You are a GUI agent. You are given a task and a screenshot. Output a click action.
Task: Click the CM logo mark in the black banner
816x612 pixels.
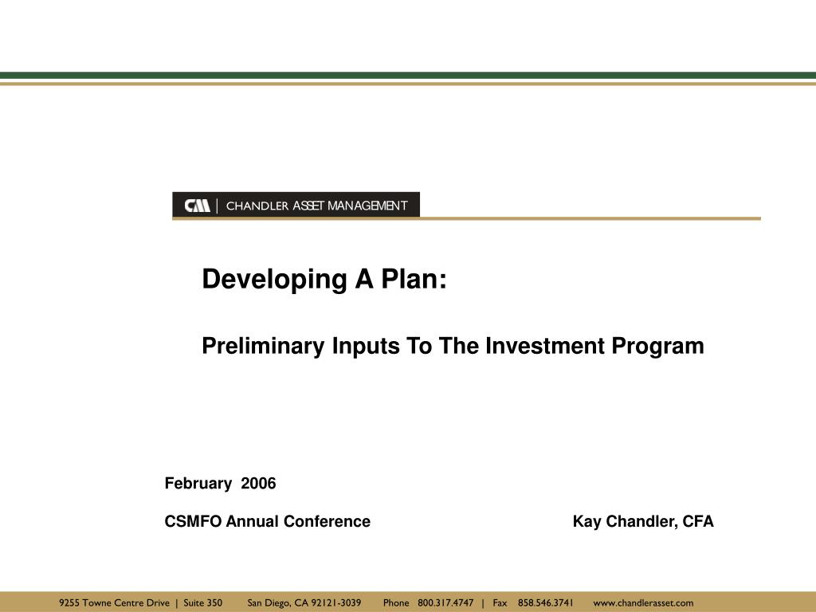coord(198,206)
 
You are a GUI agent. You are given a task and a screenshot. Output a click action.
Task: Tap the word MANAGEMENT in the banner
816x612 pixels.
coord(367,206)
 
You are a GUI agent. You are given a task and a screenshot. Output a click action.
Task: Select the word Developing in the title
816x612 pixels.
coord(274,280)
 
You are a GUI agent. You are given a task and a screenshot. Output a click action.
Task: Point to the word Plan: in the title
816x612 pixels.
coord(414,279)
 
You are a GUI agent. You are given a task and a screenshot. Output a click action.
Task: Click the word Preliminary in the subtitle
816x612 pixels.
coord(263,346)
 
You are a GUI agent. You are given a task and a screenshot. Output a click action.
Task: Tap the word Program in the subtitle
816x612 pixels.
coord(657,347)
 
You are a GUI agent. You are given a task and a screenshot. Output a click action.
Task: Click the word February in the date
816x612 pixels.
coord(198,484)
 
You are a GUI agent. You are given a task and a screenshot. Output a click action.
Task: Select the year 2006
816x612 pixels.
coord(258,484)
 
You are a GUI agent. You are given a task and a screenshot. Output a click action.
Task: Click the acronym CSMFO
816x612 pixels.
coord(193,521)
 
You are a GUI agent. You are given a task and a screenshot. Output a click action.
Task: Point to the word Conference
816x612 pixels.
coord(327,521)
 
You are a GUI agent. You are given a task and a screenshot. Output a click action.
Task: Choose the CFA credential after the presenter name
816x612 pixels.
coord(698,521)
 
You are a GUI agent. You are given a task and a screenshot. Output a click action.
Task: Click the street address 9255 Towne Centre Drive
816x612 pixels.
coord(114,602)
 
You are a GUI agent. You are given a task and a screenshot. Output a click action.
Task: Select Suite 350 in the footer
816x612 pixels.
coord(203,602)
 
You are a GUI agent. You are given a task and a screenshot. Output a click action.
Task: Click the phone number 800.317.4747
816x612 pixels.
coord(445,602)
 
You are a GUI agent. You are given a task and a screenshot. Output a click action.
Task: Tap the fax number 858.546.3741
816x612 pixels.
coord(545,602)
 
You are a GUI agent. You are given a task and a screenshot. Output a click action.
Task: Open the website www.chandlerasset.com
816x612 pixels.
coord(643,602)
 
